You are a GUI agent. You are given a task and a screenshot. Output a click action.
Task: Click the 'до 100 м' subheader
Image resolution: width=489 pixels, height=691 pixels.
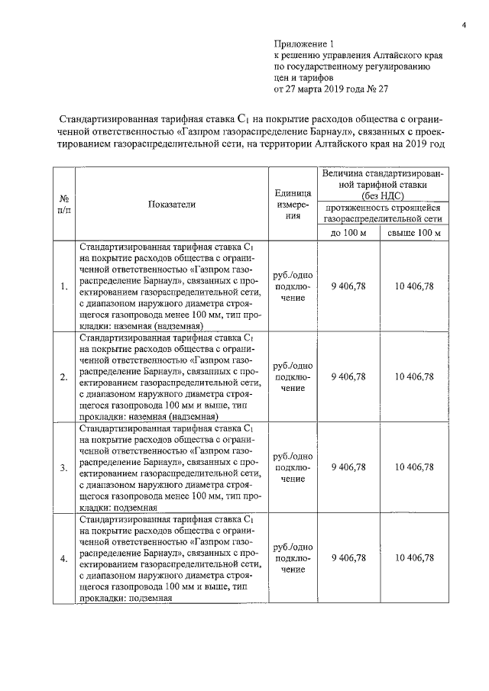pyautogui.click(x=348, y=232)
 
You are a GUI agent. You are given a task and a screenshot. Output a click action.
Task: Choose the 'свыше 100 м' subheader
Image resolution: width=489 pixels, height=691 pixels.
pyautogui.click(x=414, y=232)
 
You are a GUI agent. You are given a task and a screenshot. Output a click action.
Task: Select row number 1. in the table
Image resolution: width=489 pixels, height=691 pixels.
pyautogui.click(x=63, y=286)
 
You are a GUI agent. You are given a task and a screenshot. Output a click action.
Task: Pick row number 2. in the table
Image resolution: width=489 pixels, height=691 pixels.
pyautogui.click(x=63, y=377)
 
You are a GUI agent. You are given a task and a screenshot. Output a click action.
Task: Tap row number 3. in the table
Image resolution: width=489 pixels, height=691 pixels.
pyautogui.click(x=63, y=467)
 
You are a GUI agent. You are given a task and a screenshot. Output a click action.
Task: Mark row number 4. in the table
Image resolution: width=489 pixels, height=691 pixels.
pyautogui.click(x=63, y=558)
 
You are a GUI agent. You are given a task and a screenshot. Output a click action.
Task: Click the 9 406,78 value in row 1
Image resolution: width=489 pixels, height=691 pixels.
pyautogui.click(x=348, y=286)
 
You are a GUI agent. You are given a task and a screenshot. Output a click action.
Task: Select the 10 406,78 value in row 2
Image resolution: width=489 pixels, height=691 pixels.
pyautogui.click(x=414, y=377)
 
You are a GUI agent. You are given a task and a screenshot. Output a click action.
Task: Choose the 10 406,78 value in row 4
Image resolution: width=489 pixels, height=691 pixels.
pyautogui.click(x=414, y=558)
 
